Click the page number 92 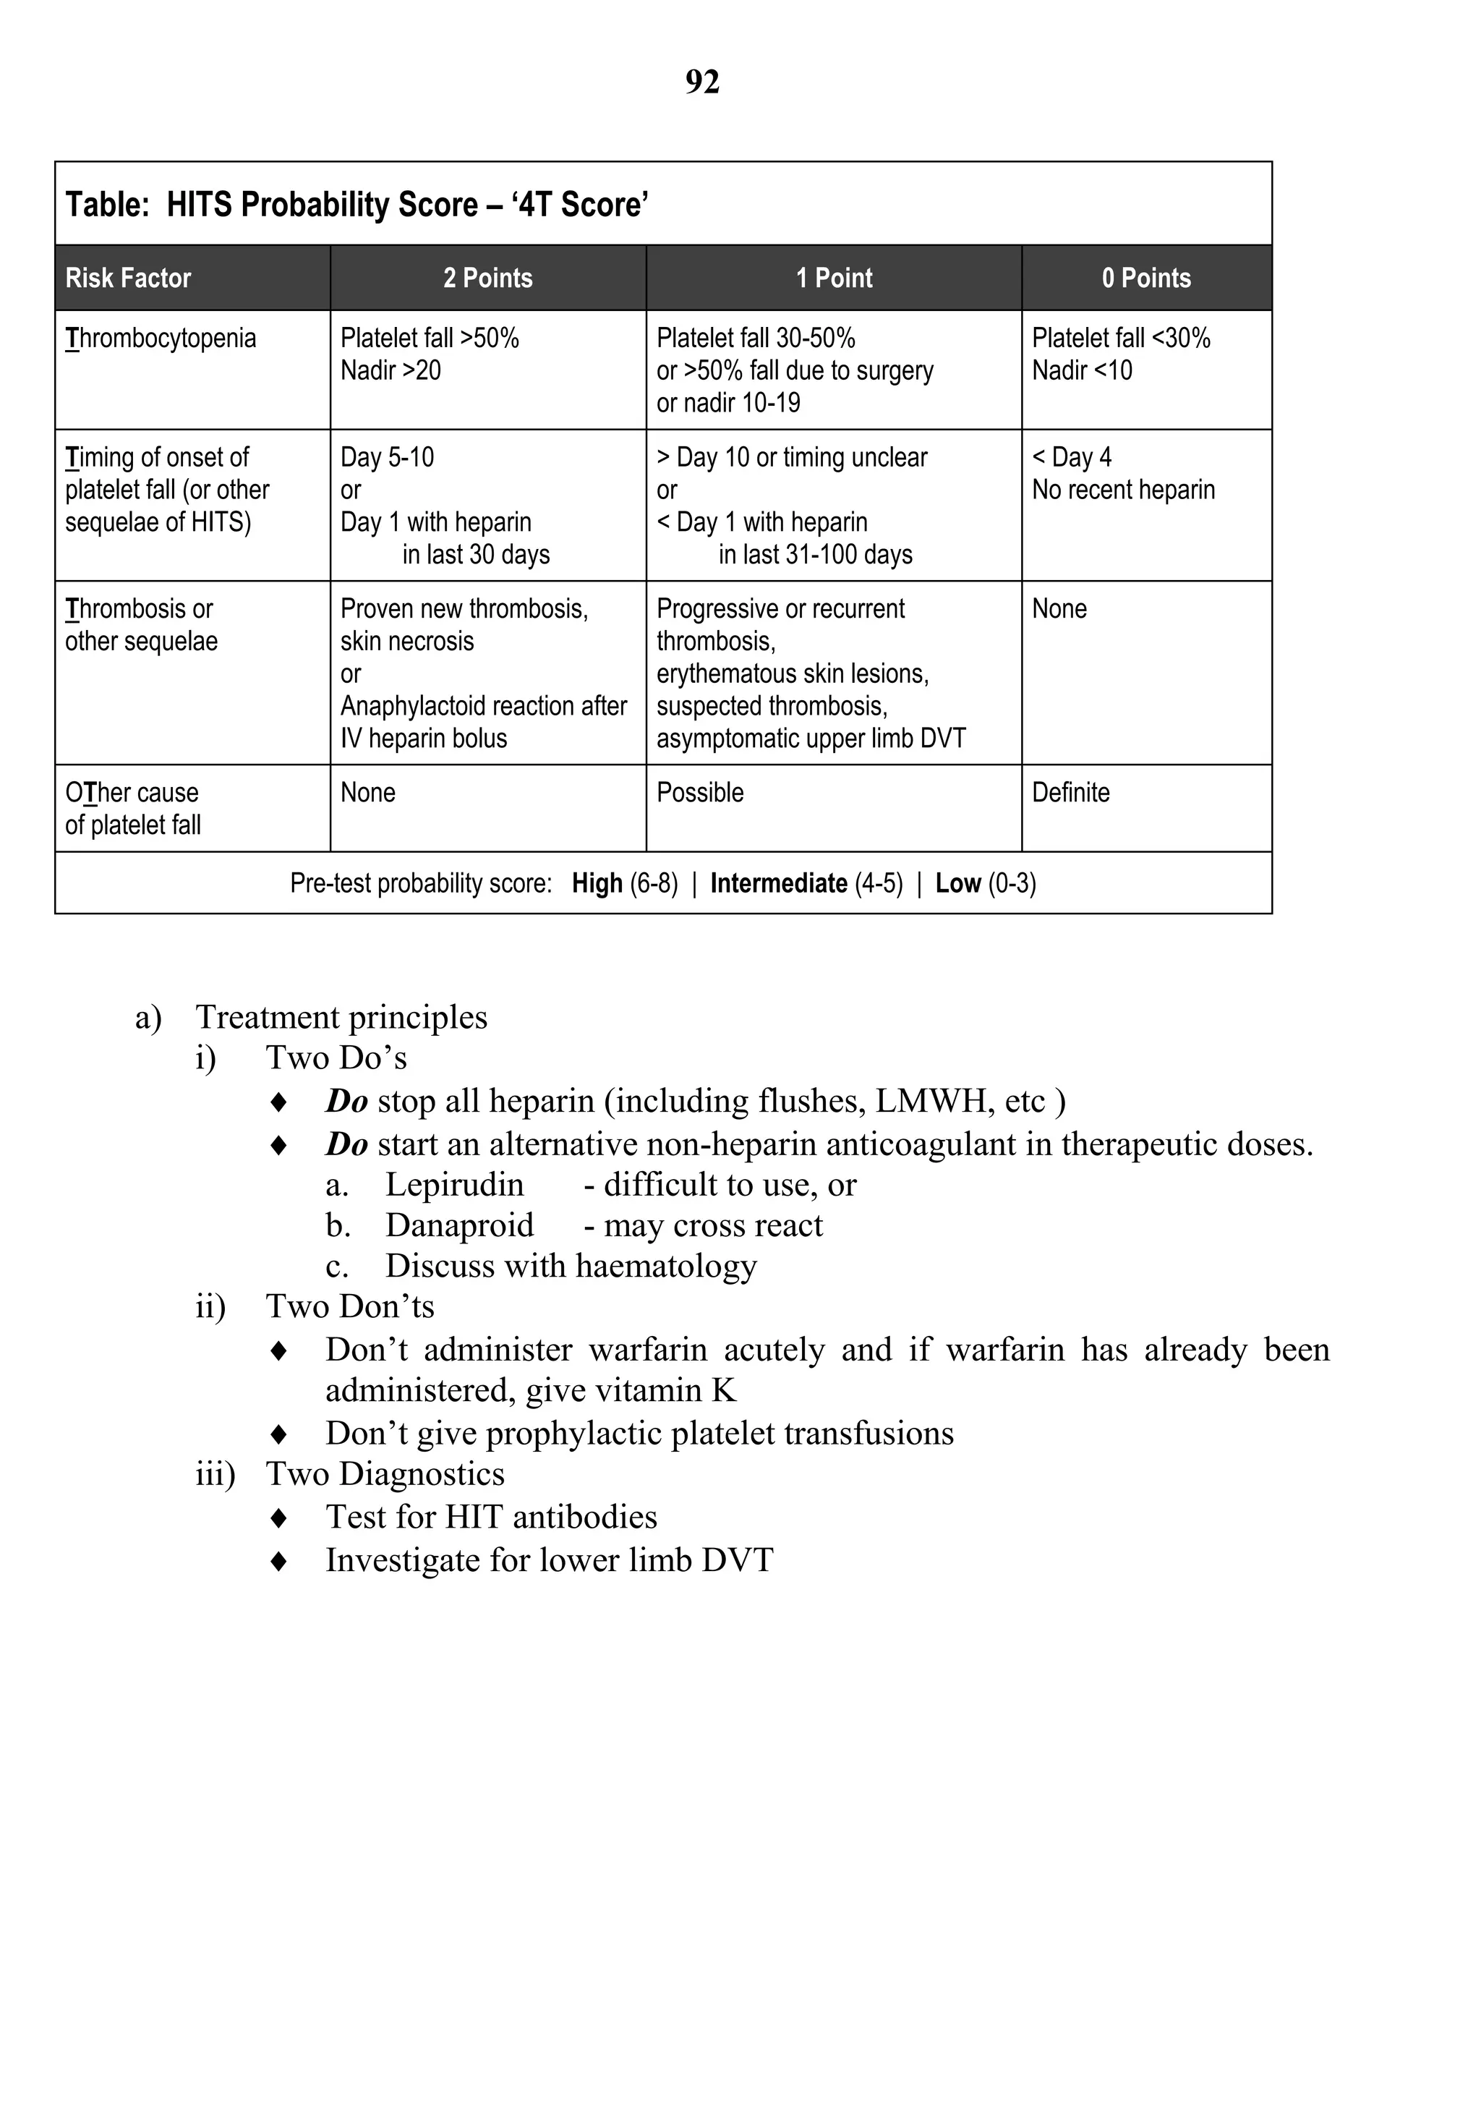click(702, 82)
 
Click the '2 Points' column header click(488, 278)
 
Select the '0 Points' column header click(1146, 278)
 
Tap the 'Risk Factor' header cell click(128, 278)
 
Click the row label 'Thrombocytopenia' click(161, 339)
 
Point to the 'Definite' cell click(1070, 793)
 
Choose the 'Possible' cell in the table click(699, 793)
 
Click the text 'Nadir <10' click(1082, 371)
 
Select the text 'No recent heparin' click(1123, 490)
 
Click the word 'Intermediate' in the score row click(778, 883)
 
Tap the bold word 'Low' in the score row click(957, 883)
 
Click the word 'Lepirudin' click(454, 1185)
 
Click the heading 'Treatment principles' click(341, 1017)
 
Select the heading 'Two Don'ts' click(350, 1306)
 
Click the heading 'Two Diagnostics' click(385, 1474)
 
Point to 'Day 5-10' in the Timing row click(387, 458)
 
